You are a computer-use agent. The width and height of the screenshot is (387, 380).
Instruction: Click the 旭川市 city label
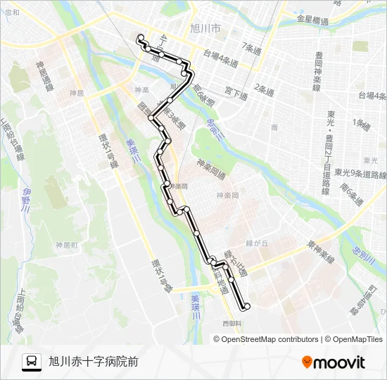click(205, 29)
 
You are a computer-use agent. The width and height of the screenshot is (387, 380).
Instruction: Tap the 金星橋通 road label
click(312, 21)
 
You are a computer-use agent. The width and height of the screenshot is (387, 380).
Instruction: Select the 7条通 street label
click(250, 49)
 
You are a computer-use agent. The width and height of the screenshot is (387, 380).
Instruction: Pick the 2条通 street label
click(264, 89)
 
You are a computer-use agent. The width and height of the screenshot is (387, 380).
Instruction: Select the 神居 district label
click(77, 93)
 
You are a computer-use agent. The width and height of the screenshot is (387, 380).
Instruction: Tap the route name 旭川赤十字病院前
click(94, 362)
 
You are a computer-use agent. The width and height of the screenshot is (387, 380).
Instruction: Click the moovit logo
click(334, 362)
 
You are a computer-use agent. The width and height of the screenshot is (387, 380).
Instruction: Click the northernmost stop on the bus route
click(141, 37)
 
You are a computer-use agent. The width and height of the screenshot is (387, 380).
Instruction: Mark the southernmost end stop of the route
click(246, 306)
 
